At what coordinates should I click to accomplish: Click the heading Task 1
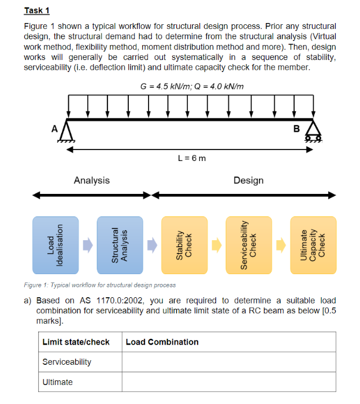tap(37, 10)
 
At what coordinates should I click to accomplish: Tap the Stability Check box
tap(184, 245)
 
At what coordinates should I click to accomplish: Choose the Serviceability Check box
tap(248, 245)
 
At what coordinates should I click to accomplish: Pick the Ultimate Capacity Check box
tap(313, 245)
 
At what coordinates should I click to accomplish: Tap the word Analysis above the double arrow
tap(91, 181)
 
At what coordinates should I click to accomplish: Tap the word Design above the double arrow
tap(248, 181)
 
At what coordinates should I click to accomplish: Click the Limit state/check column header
tap(76, 342)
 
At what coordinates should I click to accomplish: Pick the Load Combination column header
tap(162, 342)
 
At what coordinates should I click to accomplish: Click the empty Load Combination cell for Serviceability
tap(228, 362)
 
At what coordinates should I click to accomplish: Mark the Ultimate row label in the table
tap(58, 382)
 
